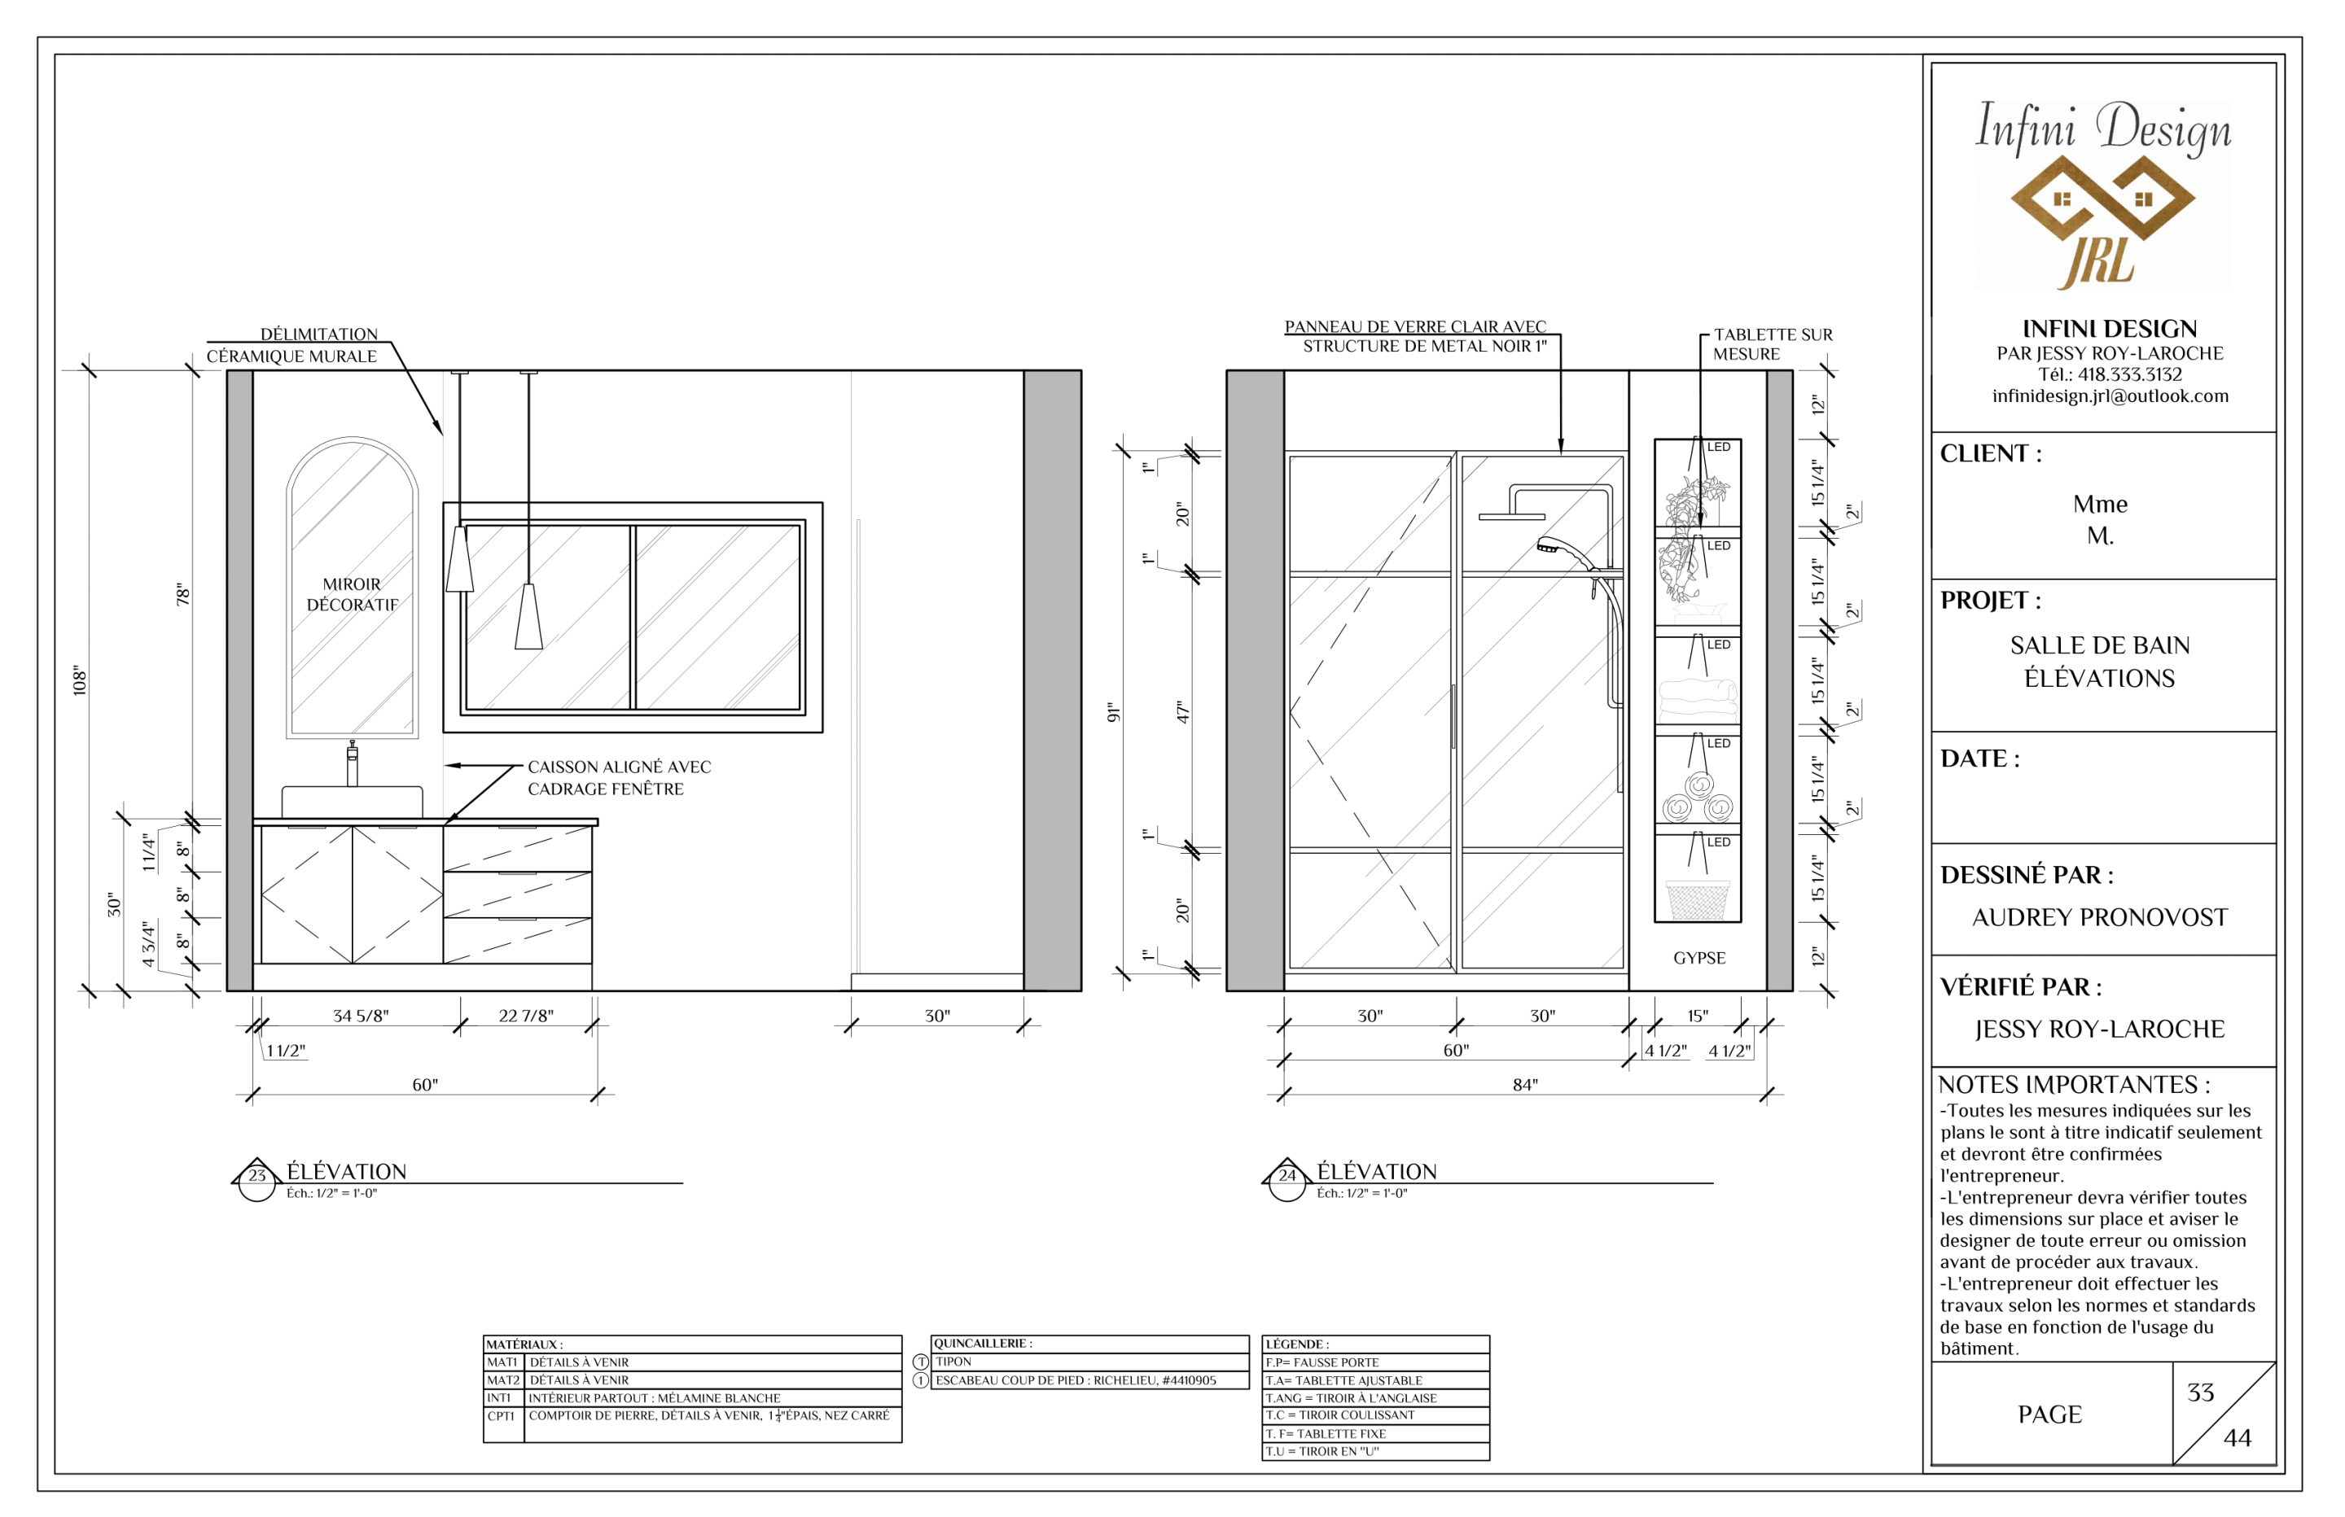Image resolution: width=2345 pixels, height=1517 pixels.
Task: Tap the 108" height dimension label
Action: (80, 680)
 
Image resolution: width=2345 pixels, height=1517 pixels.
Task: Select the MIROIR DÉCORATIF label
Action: (352, 594)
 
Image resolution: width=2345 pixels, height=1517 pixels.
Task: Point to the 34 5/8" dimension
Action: (361, 1016)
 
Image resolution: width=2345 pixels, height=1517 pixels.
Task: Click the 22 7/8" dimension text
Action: (526, 1016)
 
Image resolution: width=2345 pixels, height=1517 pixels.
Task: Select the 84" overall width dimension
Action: (1525, 1085)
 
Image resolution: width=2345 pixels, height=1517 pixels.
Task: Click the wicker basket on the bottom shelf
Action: (1697, 900)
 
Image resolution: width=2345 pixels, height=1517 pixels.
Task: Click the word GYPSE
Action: (1699, 957)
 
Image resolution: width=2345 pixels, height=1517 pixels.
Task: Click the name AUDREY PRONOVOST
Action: (2100, 917)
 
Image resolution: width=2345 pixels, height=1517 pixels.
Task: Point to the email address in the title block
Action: (2110, 396)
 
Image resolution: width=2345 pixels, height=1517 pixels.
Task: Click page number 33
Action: (2200, 1392)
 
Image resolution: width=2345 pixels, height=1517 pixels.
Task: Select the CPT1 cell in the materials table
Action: (502, 1415)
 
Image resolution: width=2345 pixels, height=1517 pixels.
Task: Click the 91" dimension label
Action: (1113, 712)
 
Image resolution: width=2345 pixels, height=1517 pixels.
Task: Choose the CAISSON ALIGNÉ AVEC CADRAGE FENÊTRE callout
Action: (619, 777)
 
